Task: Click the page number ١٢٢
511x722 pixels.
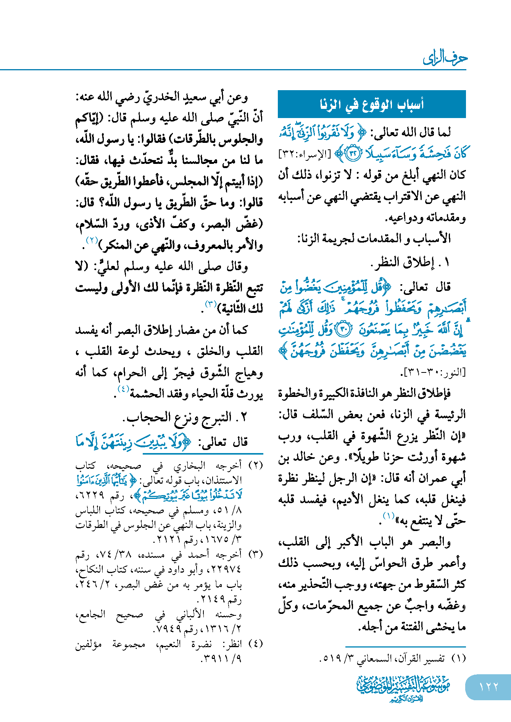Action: coord(488,687)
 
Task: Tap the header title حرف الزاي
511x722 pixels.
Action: coord(445,58)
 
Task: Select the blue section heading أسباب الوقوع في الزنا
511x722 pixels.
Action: coord(372,104)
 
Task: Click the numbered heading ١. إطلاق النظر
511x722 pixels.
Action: coord(411,262)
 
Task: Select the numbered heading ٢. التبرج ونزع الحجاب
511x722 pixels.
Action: coord(185,417)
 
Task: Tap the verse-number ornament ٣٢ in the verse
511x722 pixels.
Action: coord(352,154)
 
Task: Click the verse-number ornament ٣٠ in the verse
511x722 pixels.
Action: coord(343,329)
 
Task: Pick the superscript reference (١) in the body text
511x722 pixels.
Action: coord(388,516)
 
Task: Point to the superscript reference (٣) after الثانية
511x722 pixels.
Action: coord(211,304)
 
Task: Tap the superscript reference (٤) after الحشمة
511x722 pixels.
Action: coord(123,389)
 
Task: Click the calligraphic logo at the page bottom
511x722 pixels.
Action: coord(403,688)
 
